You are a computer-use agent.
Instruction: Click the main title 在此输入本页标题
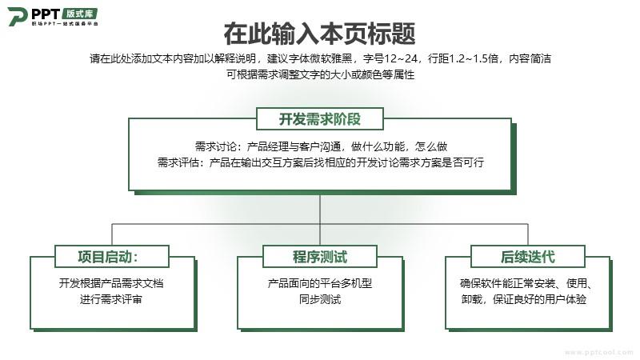click(x=319, y=34)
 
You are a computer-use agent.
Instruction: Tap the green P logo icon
click(x=18, y=16)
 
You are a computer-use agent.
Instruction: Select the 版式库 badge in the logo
click(x=80, y=14)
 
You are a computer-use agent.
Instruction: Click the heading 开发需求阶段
click(x=319, y=119)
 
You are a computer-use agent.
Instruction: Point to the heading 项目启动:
click(x=108, y=257)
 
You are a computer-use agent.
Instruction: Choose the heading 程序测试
click(x=319, y=257)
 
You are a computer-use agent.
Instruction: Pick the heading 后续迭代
click(x=528, y=257)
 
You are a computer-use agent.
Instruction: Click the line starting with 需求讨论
click(x=321, y=146)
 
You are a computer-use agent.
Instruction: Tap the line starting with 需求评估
click(x=321, y=162)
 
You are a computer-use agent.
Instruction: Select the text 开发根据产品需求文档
click(x=111, y=283)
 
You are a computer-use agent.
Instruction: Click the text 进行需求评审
click(x=111, y=299)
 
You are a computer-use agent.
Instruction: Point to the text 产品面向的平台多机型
click(x=319, y=283)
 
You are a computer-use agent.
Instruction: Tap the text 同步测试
click(x=319, y=299)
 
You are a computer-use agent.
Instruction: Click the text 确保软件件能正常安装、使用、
click(x=526, y=283)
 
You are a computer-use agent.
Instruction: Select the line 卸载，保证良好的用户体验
click(x=524, y=299)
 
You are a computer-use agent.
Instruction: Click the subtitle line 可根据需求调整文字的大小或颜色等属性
click(x=321, y=74)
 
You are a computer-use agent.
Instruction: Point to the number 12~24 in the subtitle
click(x=401, y=58)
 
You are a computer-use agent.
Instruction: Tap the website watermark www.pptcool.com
click(x=598, y=352)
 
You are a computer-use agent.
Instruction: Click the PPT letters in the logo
click(x=46, y=14)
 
